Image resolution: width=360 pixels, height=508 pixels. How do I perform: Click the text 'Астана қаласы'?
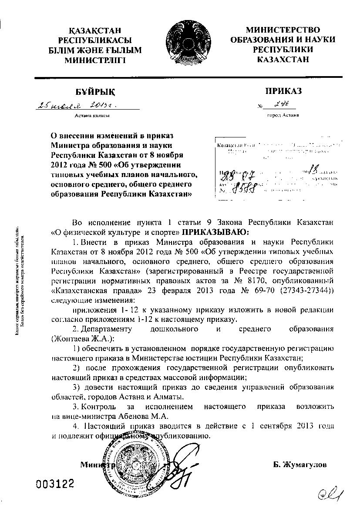[x=92, y=116]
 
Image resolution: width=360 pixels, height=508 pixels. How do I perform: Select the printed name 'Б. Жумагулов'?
[x=300, y=465]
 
